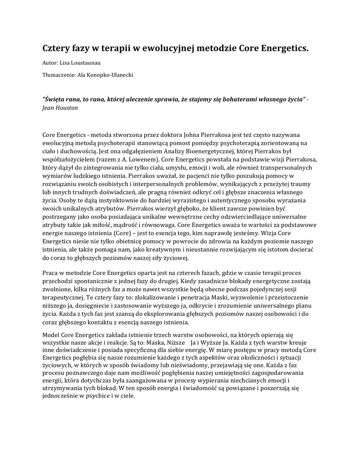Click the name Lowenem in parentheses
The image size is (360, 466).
142,159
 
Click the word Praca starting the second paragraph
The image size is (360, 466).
51,273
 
